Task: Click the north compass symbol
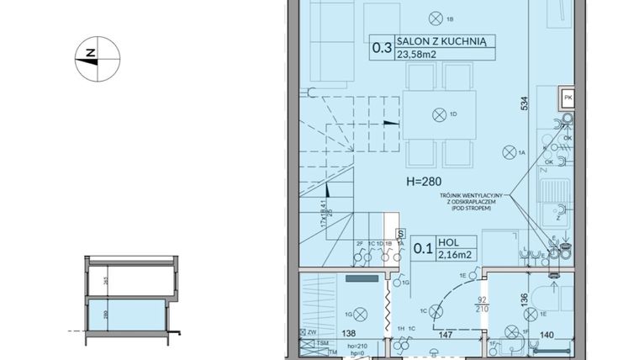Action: click(x=98, y=59)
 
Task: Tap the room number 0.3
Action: click(x=383, y=49)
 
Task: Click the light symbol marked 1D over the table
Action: click(x=437, y=114)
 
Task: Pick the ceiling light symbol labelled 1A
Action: click(x=508, y=152)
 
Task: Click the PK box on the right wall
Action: click(x=568, y=98)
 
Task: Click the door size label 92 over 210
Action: click(x=483, y=303)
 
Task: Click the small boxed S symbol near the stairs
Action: click(x=400, y=234)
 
